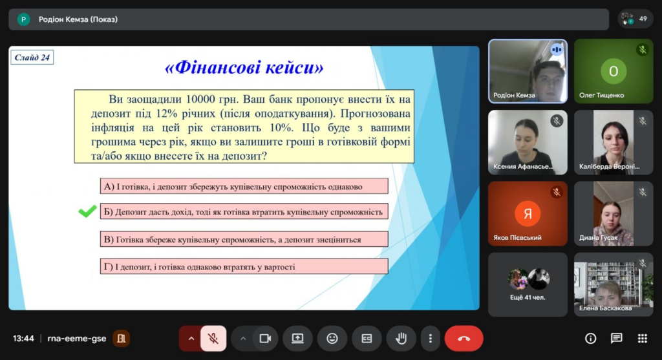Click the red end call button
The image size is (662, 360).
464,339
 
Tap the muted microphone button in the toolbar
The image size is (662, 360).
213,339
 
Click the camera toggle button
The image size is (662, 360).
265,339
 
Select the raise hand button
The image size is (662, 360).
401,339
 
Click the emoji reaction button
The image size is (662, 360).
332,339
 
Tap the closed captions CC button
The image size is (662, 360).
367,339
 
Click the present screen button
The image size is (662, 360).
297,339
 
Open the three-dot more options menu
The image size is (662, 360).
430,339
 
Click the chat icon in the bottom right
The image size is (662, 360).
616,339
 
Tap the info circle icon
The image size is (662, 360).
591,339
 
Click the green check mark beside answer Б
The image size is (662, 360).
87,211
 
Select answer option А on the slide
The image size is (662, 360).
244,186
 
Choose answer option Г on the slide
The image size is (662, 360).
244,266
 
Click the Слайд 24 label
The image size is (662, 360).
32,58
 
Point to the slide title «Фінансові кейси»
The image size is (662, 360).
244,67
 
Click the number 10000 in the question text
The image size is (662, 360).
200,99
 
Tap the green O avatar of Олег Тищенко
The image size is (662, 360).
614,71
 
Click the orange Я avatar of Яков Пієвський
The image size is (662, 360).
528,213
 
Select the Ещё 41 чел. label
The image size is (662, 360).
528,297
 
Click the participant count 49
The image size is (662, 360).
643,19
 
